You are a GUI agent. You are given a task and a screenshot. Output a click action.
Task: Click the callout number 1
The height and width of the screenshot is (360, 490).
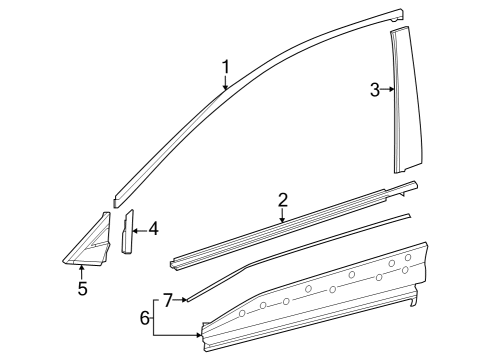click(x=226, y=67)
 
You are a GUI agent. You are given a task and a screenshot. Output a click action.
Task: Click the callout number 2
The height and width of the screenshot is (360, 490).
click(x=283, y=200)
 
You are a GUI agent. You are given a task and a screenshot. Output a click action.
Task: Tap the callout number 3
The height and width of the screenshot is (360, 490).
click(x=375, y=90)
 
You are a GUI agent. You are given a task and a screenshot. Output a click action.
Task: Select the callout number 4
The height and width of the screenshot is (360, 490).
click(x=153, y=229)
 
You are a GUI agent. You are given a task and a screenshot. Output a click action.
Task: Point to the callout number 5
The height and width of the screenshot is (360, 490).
click(x=82, y=289)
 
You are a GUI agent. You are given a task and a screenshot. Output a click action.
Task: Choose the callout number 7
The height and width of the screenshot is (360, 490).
click(x=168, y=298)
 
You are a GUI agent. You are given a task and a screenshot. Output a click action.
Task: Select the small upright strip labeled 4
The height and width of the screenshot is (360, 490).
click(x=128, y=233)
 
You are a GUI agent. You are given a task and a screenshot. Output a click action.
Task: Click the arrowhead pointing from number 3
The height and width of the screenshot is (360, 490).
click(x=391, y=90)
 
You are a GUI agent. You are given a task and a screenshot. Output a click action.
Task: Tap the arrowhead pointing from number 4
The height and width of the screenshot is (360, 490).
click(x=137, y=229)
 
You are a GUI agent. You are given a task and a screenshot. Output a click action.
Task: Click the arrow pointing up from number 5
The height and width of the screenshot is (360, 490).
click(x=82, y=269)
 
